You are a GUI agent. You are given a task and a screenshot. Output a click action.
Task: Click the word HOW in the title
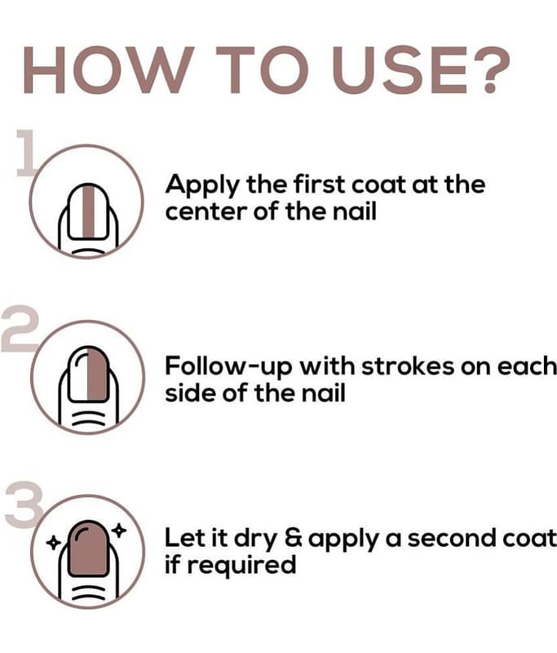click(108, 70)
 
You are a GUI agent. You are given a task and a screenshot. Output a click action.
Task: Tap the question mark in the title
click(490, 69)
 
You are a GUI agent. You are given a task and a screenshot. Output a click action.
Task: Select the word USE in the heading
click(400, 70)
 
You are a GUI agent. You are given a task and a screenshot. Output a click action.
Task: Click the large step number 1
click(27, 153)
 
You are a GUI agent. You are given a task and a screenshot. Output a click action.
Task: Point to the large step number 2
click(20, 329)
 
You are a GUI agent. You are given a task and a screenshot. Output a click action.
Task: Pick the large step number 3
click(24, 504)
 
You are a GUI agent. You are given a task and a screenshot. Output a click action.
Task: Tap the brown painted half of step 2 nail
click(98, 373)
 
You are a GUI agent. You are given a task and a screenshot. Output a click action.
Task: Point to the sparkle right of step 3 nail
click(119, 530)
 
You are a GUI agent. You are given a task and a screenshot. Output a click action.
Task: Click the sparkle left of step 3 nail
click(53, 543)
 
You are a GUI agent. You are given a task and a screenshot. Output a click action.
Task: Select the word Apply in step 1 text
click(202, 185)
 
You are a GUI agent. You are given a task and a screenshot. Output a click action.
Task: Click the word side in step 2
click(191, 393)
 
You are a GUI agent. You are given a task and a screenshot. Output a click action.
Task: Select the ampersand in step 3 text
click(294, 538)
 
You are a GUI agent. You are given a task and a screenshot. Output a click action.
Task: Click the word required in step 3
click(241, 566)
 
